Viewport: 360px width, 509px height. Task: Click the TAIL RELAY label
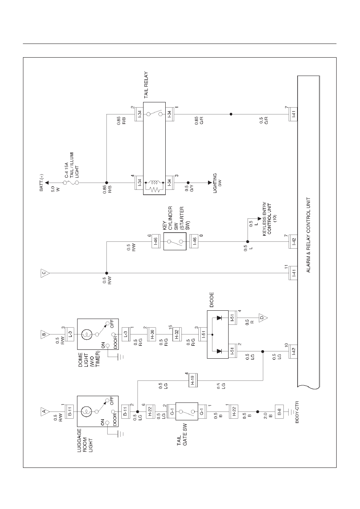pyautogui.click(x=146, y=85)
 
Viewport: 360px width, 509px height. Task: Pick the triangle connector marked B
pyautogui.click(x=45, y=334)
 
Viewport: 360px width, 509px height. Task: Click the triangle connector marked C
pyautogui.click(x=45, y=273)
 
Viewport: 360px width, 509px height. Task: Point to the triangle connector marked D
pyautogui.click(x=262, y=318)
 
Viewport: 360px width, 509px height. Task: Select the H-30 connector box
pyautogui.click(x=152, y=334)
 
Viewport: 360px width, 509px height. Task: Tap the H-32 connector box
pyautogui.click(x=177, y=334)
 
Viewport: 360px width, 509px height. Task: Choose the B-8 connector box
pyautogui.click(x=279, y=411)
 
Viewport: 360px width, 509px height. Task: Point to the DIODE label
pyautogui.click(x=212, y=300)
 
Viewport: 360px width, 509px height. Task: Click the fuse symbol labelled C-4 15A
pyautogui.click(x=71, y=183)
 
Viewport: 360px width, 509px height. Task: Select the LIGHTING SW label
pyautogui.click(x=217, y=183)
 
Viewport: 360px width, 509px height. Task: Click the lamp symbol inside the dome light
pyautogui.click(x=87, y=334)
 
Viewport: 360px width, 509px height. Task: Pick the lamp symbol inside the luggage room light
pyautogui.click(x=87, y=411)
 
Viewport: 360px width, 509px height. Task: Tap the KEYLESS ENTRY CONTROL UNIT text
pyautogui.click(x=270, y=219)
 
